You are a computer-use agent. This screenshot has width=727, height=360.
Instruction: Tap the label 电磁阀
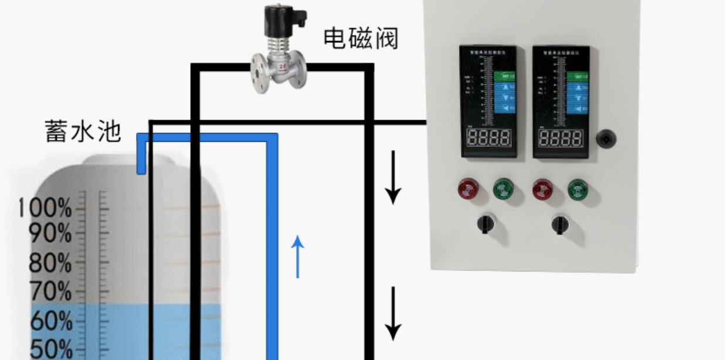(361, 38)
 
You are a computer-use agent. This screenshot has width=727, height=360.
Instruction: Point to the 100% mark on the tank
(45, 208)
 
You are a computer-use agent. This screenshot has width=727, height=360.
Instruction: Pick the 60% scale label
(50, 321)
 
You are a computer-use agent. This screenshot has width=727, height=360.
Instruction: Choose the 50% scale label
(50, 349)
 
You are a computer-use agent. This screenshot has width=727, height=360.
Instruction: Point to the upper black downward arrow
(393, 177)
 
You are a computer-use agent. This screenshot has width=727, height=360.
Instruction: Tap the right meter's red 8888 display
(560, 138)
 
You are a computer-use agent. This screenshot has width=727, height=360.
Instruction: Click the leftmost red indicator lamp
(468, 189)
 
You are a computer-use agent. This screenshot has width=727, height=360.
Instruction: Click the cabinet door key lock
(605, 139)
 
